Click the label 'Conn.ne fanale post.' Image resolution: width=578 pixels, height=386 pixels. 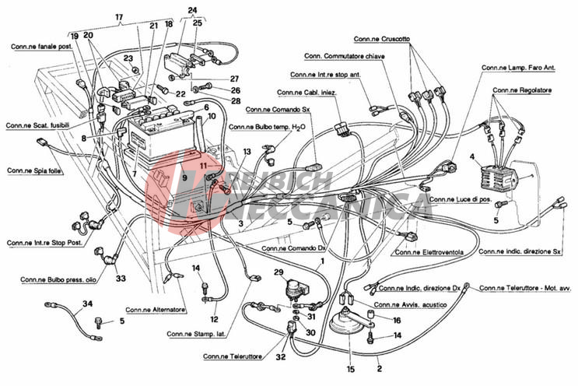tap(41, 47)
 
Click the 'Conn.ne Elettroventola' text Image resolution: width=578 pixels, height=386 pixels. tap(426, 252)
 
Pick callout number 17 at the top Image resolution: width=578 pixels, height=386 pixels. tap(119, 17)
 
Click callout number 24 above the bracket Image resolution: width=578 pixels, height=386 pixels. tap(192, 10)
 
